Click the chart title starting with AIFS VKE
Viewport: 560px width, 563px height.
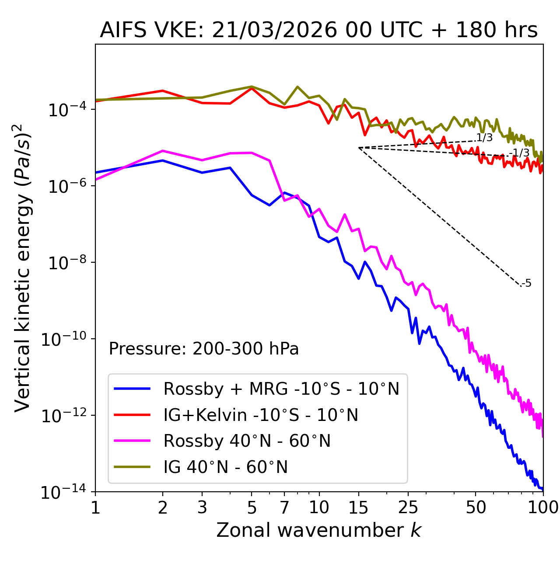[x=318, y=31]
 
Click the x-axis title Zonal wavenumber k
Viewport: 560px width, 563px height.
[x=318, y=530]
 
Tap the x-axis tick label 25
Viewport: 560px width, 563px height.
[x=408, y=507]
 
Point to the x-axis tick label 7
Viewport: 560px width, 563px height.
[x=284, y=507]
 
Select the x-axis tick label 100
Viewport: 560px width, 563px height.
[x=542, y=507]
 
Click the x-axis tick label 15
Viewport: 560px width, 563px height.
[x=358, y=507]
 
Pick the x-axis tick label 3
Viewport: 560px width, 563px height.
[x=202, y=507]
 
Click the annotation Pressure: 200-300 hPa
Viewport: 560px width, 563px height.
[x=204, y=349]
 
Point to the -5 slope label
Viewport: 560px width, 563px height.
[x=526, y=283]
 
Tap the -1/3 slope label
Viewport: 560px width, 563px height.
[x=520, y=153]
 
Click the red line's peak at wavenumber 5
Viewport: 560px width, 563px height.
[x=252, y=88]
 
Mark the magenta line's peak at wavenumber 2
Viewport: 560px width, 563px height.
[x=163, y=151]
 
